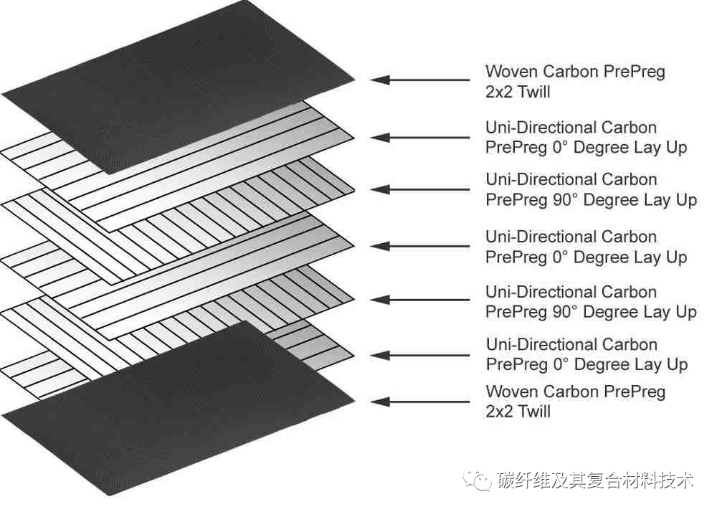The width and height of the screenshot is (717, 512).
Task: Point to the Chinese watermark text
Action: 595,480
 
